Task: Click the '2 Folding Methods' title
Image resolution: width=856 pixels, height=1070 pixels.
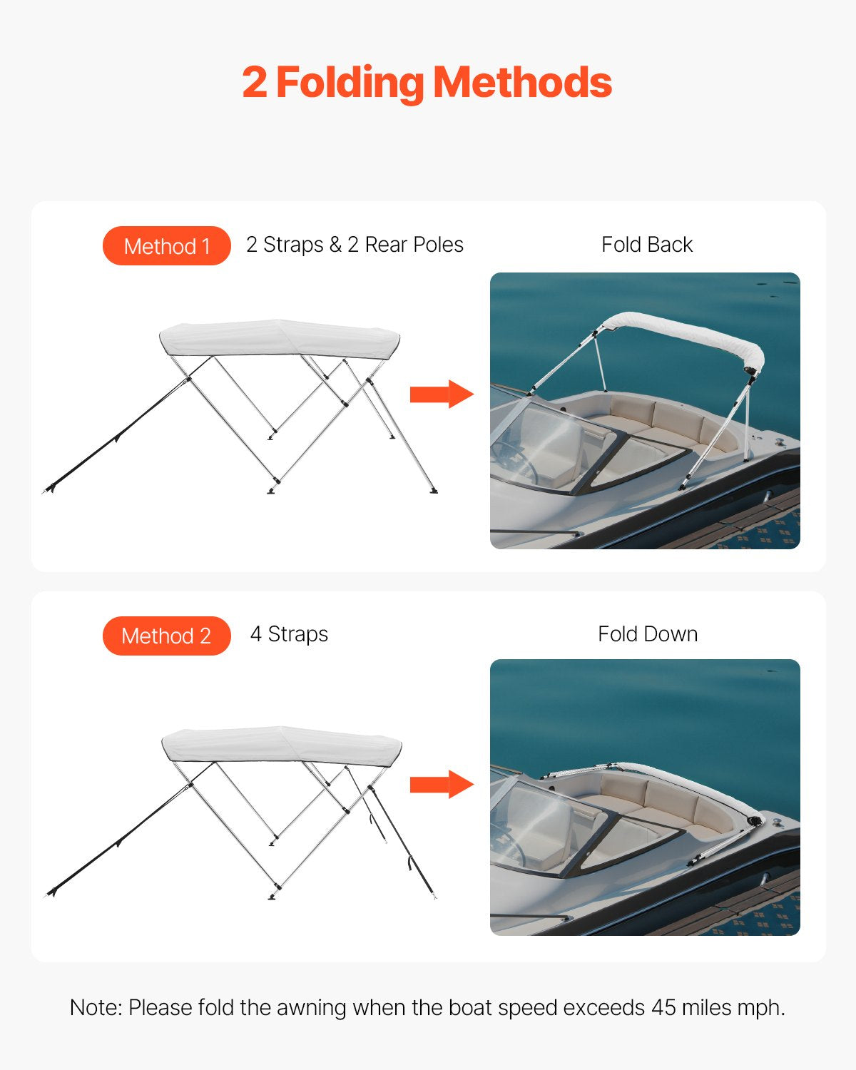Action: (427, 83)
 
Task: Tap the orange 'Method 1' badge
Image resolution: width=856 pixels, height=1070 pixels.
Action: (166, 246)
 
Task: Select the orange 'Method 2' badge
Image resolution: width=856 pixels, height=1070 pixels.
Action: (166, 636)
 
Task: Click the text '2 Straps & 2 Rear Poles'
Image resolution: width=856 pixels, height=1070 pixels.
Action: (355, 245)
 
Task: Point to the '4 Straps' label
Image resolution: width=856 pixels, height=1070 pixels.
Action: (289, 634)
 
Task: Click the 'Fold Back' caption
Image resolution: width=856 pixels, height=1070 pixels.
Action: (646, 245)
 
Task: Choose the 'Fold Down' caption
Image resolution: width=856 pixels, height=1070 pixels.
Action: (647, 634)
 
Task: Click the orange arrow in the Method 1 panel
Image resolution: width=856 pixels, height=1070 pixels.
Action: (442, 394)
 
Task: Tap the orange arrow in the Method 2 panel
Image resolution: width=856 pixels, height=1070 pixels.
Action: (442, 784)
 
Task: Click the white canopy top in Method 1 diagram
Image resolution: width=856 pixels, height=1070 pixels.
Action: (278, 337)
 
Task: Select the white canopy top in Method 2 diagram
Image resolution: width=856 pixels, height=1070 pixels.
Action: (281, 745)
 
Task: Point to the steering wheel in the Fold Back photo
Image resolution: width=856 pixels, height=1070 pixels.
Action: (515, 460)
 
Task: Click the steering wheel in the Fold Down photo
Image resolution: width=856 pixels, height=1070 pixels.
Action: (510, 845)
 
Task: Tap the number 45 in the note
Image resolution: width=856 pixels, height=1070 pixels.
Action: (663, 1007)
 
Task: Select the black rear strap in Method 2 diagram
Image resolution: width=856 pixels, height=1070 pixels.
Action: (403, 846)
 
